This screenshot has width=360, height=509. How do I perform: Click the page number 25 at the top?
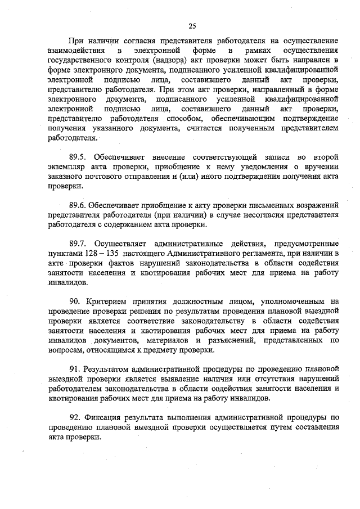tap(192, 26)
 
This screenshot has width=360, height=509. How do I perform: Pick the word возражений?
tap(313, 205)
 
